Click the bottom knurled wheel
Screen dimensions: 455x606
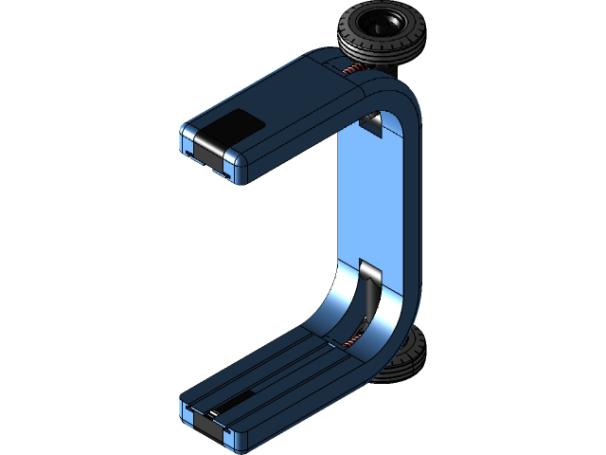pyautogui.click(x=402, y=360)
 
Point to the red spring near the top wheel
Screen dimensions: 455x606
pyautogui.click(x=351, y=72)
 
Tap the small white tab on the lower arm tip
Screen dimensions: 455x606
pyautogui.click(x=214, y=413)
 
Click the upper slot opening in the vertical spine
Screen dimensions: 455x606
pyautogui.click(x=372, y=122)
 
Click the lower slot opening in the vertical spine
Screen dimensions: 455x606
pyautogui.click(x=369, y=274)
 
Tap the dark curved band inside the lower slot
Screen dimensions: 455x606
pyautogui.click(x=365, y=303)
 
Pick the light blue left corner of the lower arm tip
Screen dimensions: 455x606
pyautogui.click(x=186, y=410)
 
